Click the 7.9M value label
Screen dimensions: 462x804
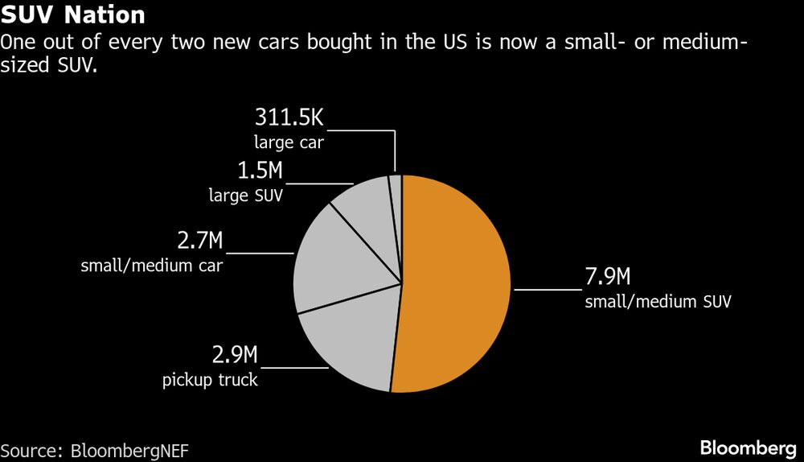pyautogui.click(x=607, y=279)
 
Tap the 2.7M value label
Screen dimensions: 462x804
pyautogui.click(x=199, y=241)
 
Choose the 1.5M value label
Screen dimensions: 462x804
pyautogui.click(x=260, y=171)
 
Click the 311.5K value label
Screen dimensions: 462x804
pyautogui.click(x=289, y=118)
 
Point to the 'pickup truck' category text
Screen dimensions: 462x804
pyautogui.click(x=211, y=379)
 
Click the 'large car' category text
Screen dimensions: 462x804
pyautogui.click(x=288, y=142)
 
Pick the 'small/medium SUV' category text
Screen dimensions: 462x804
pyautogui.click(x=658, y=303)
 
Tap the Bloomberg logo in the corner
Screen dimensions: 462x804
pyautogui.click(x=748, y=447)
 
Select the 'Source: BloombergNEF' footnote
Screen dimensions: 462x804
pyautogui.click(x=95, y=450)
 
